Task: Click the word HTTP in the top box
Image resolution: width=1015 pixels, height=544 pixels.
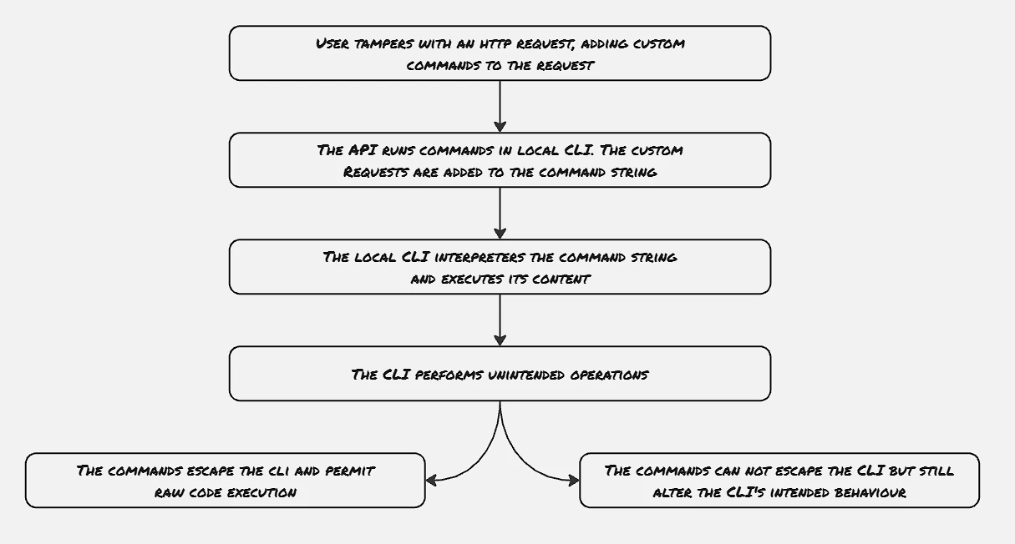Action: point(495,44)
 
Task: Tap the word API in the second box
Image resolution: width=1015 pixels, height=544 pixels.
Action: point(363,150)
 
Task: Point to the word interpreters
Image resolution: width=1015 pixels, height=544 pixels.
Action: point(480,257)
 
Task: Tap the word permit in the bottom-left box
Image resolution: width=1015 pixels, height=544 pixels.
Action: point(350,471)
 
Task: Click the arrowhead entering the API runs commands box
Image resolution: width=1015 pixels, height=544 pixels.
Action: point(500,126)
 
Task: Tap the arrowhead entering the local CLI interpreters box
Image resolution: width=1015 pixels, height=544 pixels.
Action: point(500,233)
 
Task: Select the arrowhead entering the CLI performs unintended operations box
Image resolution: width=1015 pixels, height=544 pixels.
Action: point(500,340)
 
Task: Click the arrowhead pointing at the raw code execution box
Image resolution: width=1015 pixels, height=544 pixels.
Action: point(431,481)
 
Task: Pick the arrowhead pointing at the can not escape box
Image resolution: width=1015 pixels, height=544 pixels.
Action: point(574,481)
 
